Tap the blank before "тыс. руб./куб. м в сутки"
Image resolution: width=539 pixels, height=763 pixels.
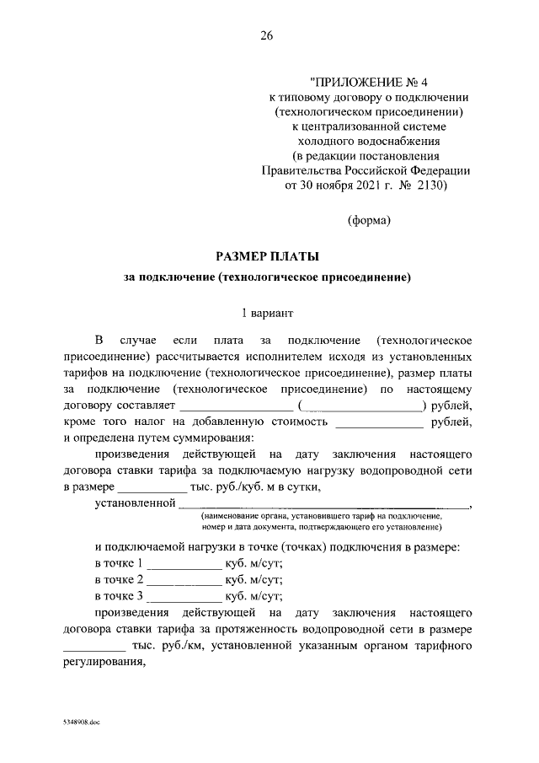click(152, 486)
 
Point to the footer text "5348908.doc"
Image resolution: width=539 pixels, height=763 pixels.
click(80, 724)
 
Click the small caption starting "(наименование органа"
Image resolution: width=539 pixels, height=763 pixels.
click(321, 514)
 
